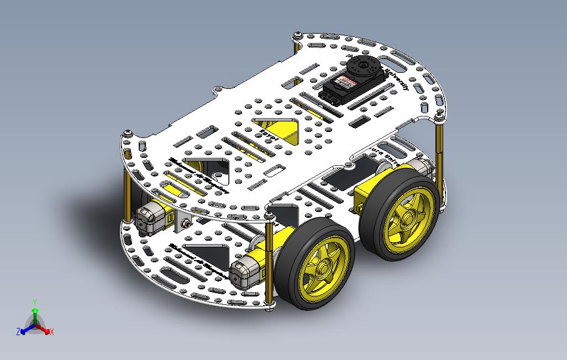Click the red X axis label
coord(51,332)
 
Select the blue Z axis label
coord(18,332)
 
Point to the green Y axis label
coord(35,302)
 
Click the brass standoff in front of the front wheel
coord(270,260)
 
